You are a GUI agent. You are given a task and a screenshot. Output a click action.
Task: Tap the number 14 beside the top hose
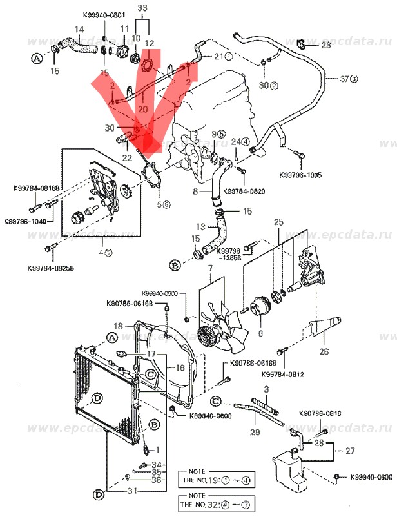(x=79, y=29)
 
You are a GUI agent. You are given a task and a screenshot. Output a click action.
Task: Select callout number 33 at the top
(x=143, y=7)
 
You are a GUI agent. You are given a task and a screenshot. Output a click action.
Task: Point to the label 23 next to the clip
(x=325, y=44)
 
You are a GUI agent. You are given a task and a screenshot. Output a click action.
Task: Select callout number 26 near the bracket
(x=324, y=352)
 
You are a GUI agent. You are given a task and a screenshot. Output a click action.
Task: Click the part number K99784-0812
(x=283, y=373)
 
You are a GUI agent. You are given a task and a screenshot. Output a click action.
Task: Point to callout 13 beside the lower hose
(x=200, y=227)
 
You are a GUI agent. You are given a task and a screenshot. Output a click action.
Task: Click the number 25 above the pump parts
(x=278, y=222)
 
